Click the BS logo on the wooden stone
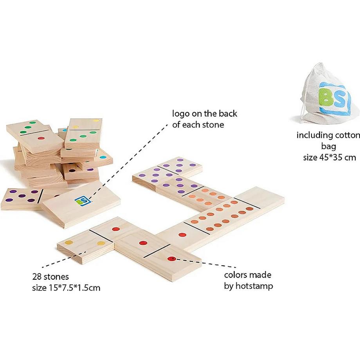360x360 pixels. coord(80,200)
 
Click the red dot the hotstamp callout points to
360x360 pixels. coord(171,259)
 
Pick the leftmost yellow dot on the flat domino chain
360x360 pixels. coord(69,243)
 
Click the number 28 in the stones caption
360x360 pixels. coord(37,277)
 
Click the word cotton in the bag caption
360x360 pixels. coord(346,135)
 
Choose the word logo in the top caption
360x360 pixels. coord(181,114)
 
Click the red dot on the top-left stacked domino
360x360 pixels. coord(40,138)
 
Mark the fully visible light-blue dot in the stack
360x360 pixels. coord(103,157)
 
